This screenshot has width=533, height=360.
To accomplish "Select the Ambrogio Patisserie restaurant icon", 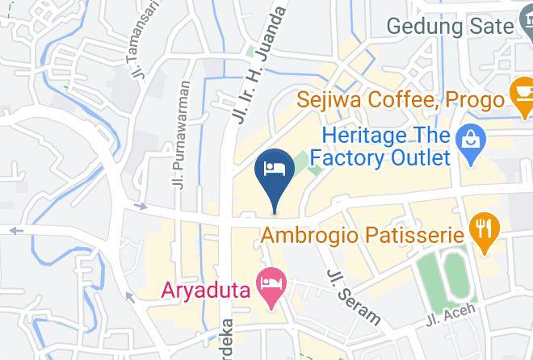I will click(x=484, y=234).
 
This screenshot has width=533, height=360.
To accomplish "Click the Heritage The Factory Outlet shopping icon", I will click(x=468, y=143).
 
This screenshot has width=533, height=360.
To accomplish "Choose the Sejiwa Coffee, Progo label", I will click(x=400, y=100).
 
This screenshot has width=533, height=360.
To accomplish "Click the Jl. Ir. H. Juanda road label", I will click(x=259, y=65).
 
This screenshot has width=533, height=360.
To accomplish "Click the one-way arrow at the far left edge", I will click(x=15, y=230).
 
